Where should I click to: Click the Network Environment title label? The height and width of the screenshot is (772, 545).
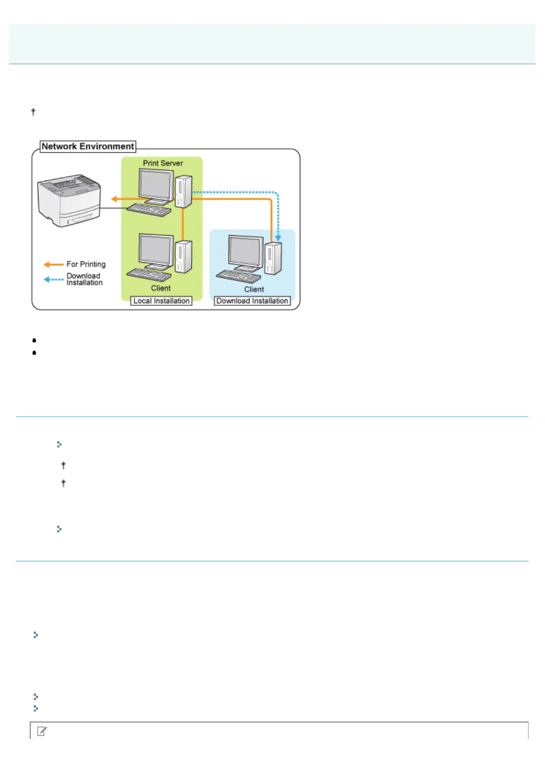[x=88, y=147]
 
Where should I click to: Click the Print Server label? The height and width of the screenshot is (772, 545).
[x=163, y=163]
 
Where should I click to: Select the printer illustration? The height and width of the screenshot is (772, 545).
[x=69, y=200]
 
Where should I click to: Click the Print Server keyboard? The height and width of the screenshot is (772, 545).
[x=148, y=210]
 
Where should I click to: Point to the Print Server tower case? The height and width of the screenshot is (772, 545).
[x=183, y=191]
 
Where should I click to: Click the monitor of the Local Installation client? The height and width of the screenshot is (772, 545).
[x=156, y=250]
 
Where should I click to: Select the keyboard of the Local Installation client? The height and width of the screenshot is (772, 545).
[x=148, y=275]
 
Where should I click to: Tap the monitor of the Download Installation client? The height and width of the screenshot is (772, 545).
[x=245, y=252]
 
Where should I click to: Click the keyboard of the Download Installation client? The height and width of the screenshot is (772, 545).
[x=238, y=276]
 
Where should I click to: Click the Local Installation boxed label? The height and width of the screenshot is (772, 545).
[x=161, y=301]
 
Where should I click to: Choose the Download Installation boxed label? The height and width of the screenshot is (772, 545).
[x=252, y=301]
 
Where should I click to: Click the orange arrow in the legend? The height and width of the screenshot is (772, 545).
[x=54, y=265]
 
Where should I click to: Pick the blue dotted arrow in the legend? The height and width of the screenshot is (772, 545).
[x=54, y=279]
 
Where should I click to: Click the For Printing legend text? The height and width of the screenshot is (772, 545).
[x=86, y=265]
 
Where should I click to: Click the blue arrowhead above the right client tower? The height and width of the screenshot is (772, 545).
[x=278, y=238]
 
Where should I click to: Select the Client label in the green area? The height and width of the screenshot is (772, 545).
[x=161, y=288]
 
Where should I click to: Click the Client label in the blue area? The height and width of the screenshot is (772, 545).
[x=254, y=290]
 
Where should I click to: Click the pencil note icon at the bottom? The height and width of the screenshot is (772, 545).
[x=42, y=731]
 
